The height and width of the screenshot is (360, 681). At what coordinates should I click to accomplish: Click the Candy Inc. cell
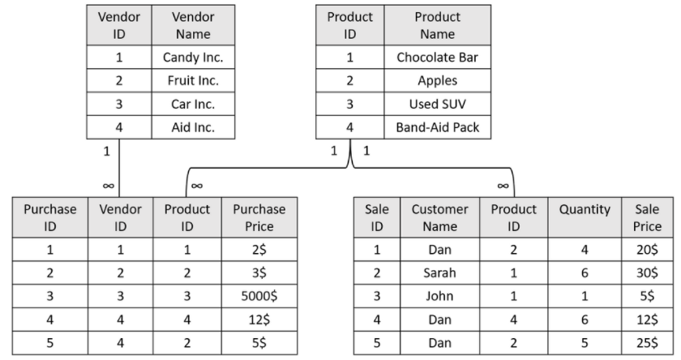click(x=193, y=58)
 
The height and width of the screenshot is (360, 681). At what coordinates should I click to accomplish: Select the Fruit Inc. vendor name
click(x=193, y=81)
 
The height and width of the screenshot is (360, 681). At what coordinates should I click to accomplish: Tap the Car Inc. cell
click(x=193, y=105)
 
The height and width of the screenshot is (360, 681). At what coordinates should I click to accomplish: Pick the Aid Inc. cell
click(x=193, y=127)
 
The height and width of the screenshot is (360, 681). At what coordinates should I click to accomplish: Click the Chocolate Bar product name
click(x=437, y=58)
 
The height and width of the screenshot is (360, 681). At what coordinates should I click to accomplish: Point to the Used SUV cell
click(x=437, y=105)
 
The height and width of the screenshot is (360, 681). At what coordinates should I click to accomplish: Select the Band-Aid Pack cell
click(x=437, y=127)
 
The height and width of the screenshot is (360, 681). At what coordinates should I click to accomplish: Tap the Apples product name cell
click(x=437, y=81)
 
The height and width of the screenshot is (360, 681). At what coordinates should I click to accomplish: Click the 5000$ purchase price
click(x=259, y=296)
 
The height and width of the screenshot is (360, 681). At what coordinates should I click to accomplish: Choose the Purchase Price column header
click(x=259, y=217)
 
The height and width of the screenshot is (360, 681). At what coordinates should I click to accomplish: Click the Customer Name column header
click(x=440, y=217)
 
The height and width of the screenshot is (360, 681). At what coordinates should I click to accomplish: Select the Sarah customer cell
click(x=440, y=272)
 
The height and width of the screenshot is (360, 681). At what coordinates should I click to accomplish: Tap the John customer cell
click(x=440, y=296)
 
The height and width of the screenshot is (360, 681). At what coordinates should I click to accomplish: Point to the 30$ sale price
click(x=647, y=272)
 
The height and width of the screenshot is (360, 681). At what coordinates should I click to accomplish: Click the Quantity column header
click(x=585, y=210)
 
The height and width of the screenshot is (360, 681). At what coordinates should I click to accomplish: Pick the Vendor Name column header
click(x=193, y=25)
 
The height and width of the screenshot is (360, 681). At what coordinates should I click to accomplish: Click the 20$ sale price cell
click(x=647, y=250)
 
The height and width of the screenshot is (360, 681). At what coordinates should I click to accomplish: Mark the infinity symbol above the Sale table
click(x=503, y=186)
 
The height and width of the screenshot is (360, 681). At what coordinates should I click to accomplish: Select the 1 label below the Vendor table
click(x=107, y=151)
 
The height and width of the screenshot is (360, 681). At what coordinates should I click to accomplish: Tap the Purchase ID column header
click(x=50, y=217)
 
